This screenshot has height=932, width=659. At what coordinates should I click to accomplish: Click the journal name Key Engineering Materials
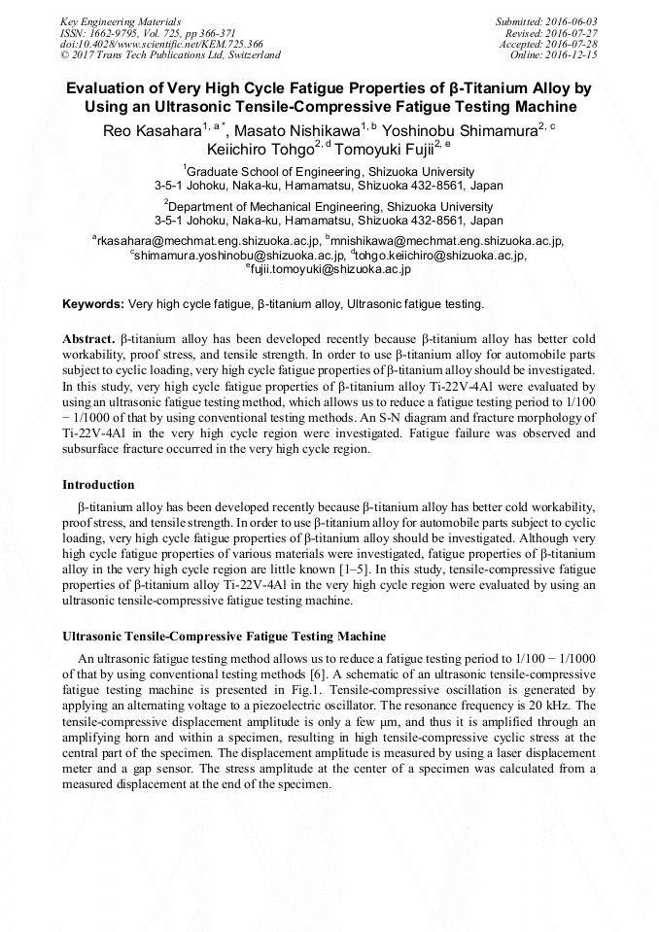pyautogui.click(x=119, y=21)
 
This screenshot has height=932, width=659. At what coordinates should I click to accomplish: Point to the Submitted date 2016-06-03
pyautogui.click(x=546, y=21)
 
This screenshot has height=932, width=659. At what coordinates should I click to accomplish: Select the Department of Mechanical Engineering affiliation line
pyautogui.click(x=329, y=207)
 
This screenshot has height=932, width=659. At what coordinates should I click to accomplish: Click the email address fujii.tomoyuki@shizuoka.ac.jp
pyautogui.click(x=330, y=269)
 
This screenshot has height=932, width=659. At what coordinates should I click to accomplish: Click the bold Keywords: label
pyautogui.click(x=93, y=304)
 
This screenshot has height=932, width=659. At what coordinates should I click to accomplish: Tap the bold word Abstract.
pyautogui.click(x=88, y=338)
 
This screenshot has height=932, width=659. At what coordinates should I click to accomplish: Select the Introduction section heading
pyautogui.click(x=98, y=485)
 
